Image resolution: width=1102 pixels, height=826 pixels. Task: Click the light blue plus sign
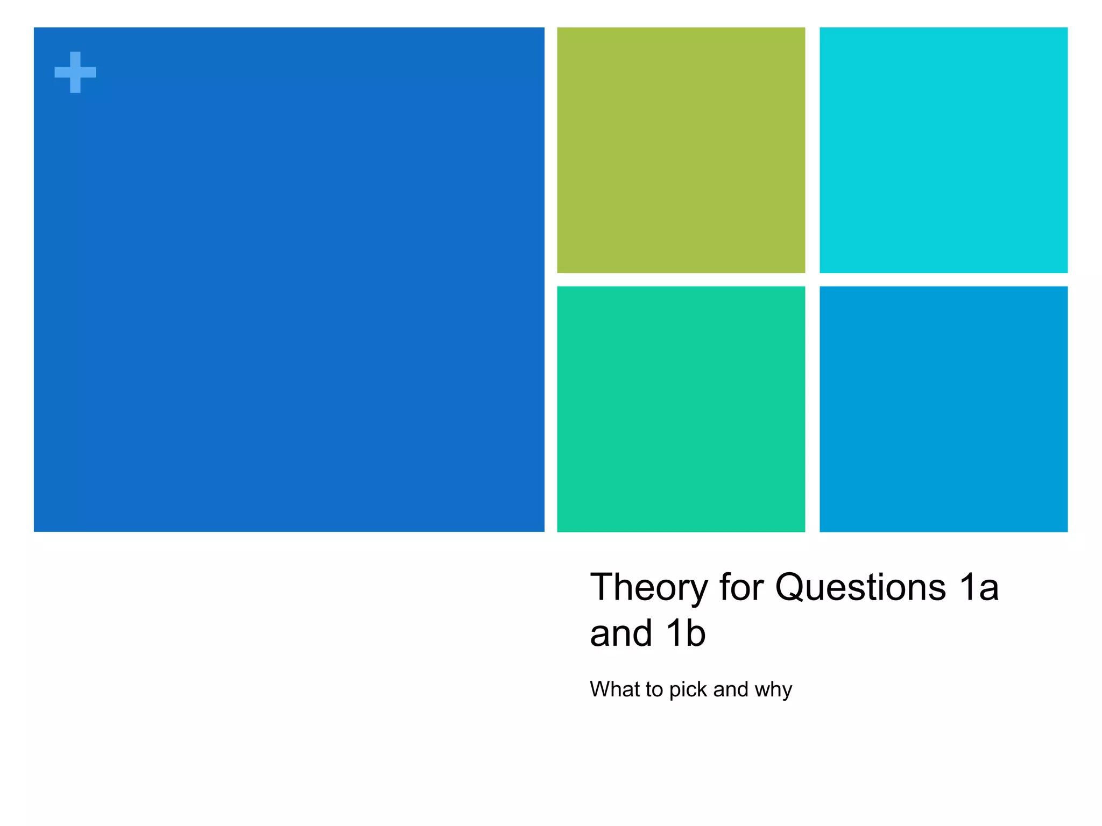75,72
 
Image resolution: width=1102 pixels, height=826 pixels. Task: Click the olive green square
681,150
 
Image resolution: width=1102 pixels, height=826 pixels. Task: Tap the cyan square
943,150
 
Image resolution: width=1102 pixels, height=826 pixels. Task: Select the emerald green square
681,409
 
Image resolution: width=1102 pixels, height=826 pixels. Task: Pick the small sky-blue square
943,409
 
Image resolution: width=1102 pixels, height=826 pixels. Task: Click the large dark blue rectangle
289,280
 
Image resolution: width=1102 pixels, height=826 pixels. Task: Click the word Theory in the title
649,587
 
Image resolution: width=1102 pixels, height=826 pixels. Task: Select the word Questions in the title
860,587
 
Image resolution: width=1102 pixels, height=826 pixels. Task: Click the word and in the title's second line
621,633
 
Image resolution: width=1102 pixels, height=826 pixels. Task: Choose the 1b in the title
686,633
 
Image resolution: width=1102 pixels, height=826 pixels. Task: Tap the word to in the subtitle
655,689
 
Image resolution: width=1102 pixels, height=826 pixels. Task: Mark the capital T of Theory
602,587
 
